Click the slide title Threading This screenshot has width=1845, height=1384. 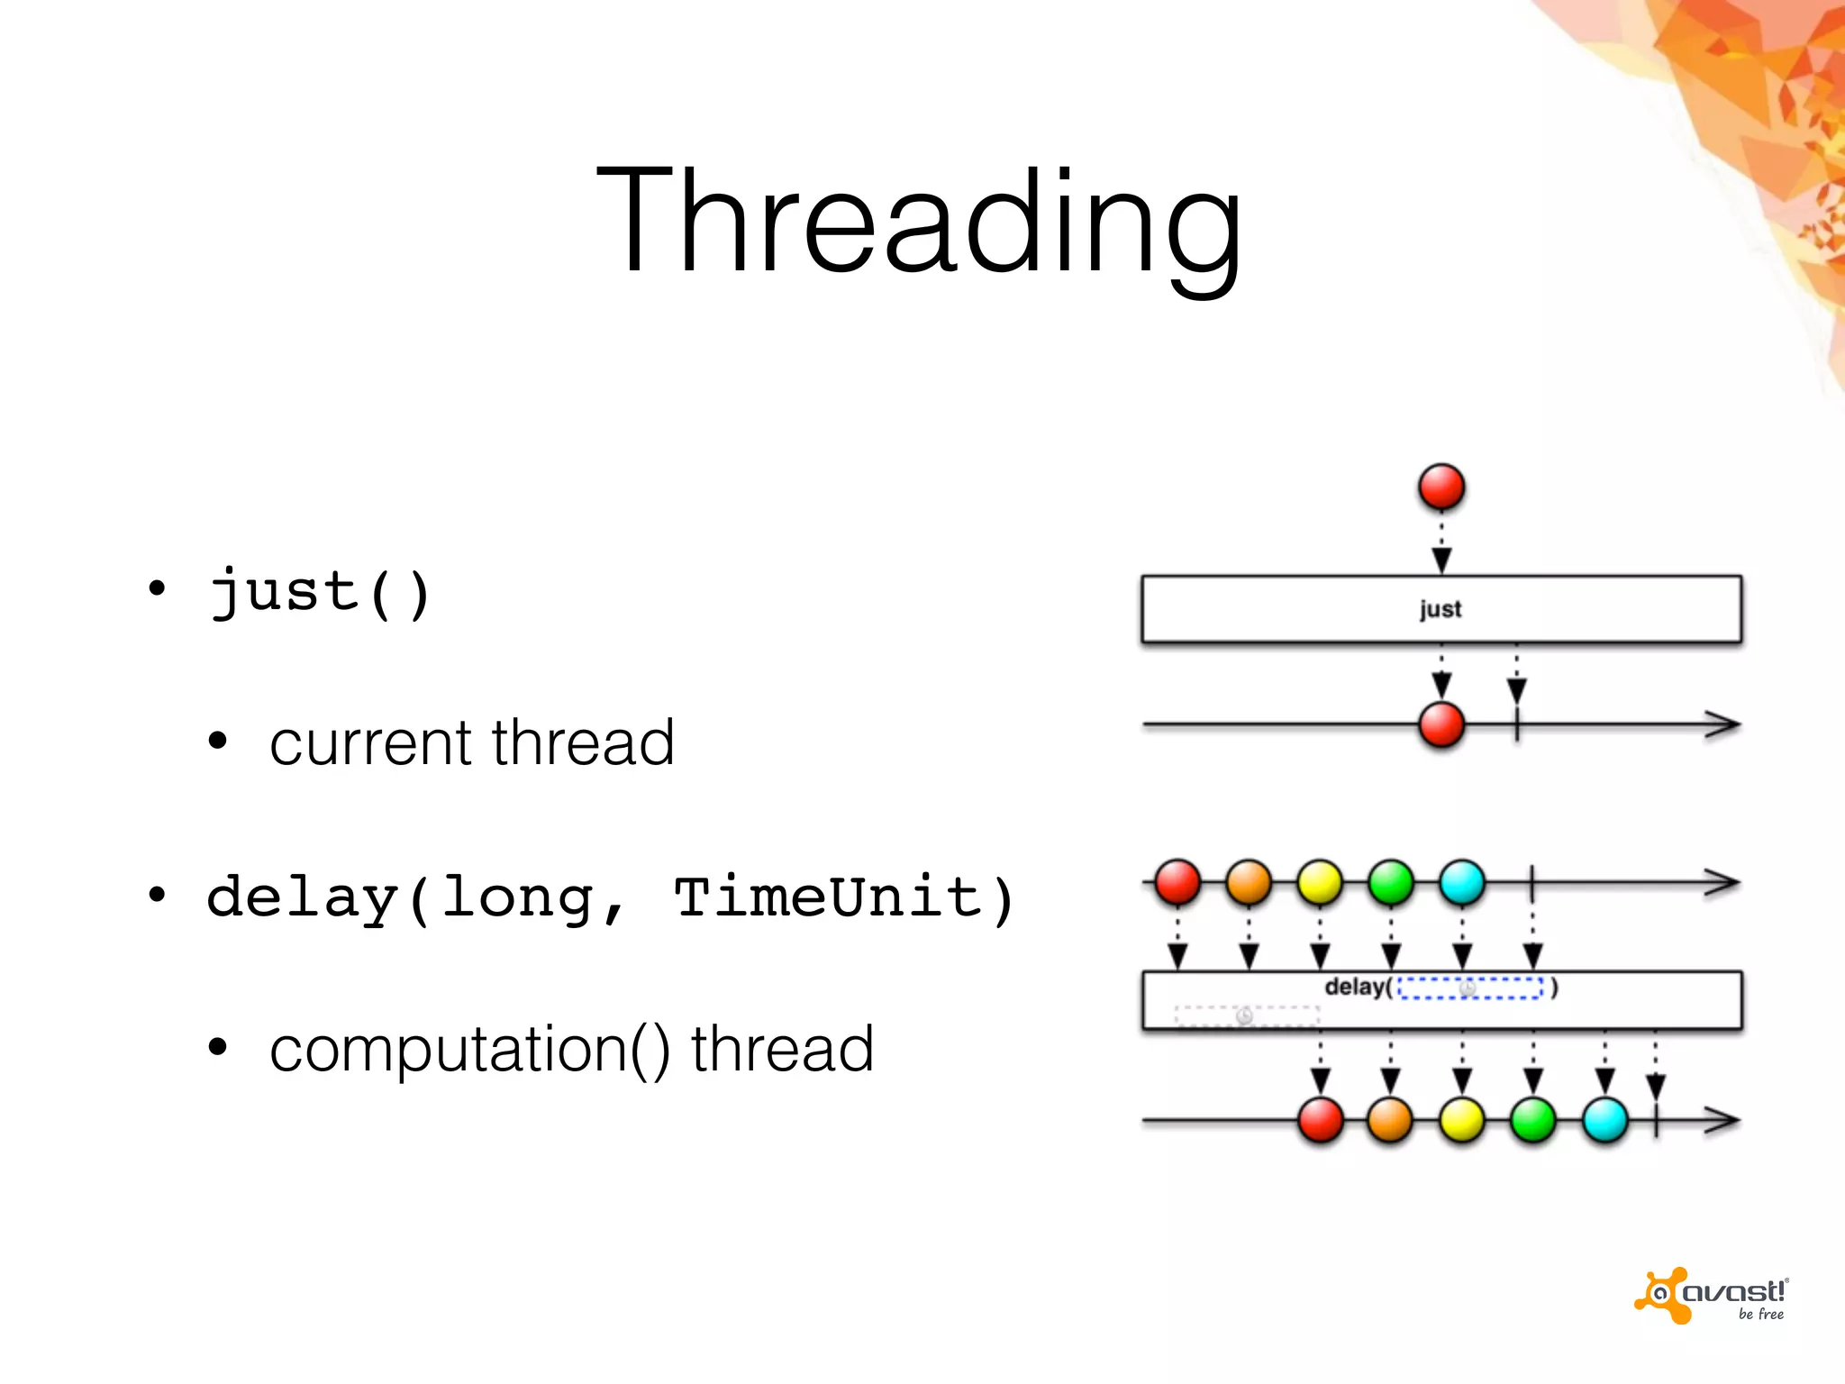[919, 221]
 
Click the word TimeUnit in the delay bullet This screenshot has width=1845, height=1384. [828, 898]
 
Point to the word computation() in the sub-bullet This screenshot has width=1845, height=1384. [469, 1050]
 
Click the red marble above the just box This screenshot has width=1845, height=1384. [1441, 487]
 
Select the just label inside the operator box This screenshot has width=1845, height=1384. [1441, 610]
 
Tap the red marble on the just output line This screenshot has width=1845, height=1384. [1441, 725]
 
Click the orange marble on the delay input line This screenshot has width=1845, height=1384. [1249, 882]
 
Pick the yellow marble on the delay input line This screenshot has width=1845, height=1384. [1320, 882]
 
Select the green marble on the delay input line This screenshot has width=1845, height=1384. [1391, 882]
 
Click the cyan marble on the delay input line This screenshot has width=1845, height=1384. [1462, 882]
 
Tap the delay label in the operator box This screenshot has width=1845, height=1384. [1355, 988]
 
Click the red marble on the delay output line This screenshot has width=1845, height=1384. [1321, 1120]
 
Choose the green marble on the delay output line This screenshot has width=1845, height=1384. [1533, 1120]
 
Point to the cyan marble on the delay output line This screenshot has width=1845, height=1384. [1604, 1120]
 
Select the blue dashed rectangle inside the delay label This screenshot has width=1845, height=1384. [1470, 988]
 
